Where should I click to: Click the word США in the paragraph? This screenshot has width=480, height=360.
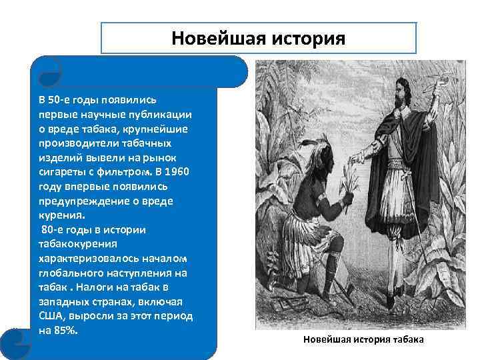(x=51, y=316)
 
